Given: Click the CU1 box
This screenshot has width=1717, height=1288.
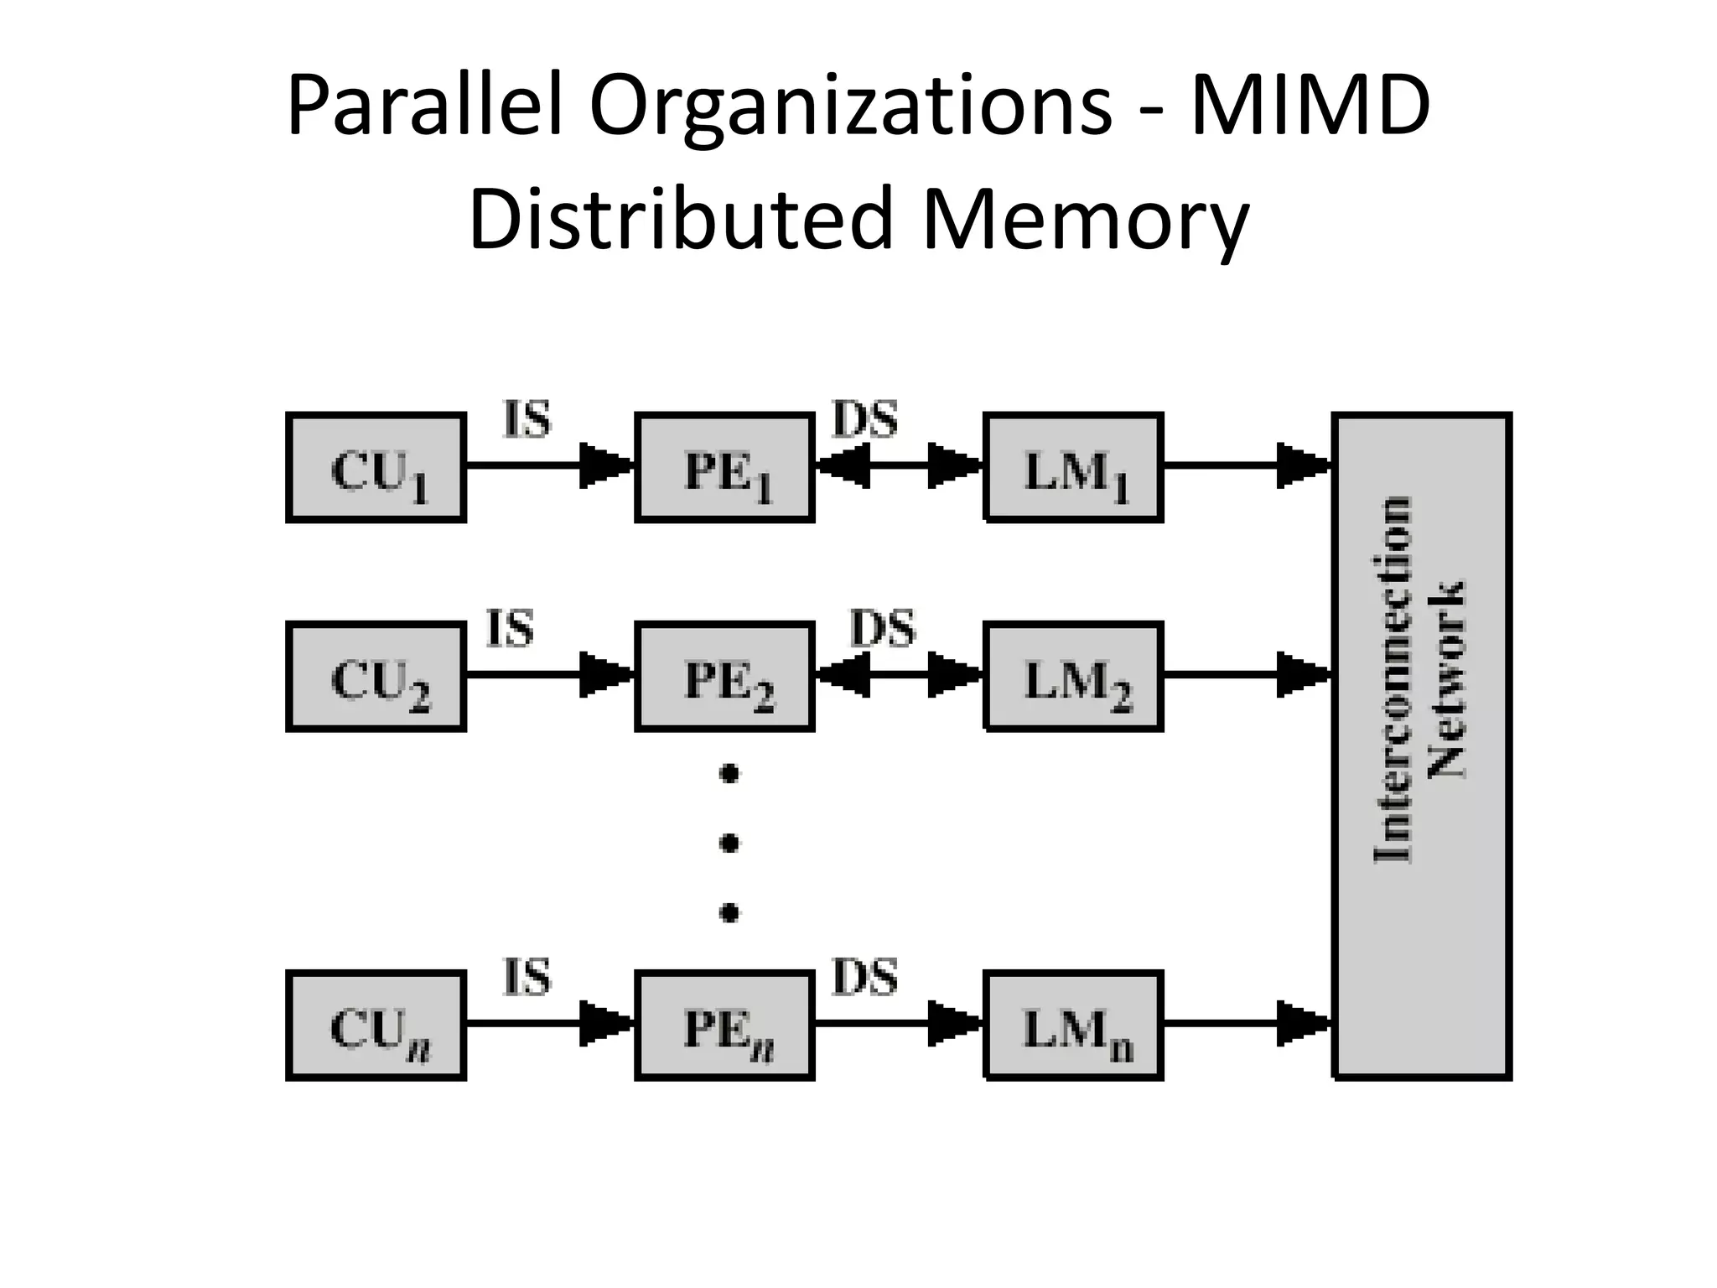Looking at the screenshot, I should (376, 468).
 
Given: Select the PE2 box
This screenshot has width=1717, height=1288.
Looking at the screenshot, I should (724, 678).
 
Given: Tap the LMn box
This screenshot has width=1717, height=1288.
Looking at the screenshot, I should (1073, 1026).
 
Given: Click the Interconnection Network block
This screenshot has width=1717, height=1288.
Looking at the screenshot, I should (1422, 746).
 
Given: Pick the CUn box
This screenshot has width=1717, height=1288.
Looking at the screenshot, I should (376, 1026).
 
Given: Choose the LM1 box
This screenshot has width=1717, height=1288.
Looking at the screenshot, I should (1073, 468).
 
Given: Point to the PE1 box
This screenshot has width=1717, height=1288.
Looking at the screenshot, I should (724, 468).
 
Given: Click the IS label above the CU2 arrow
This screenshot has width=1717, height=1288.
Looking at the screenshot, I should (511, 629).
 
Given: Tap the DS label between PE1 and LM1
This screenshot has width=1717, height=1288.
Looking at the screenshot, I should (864, 419).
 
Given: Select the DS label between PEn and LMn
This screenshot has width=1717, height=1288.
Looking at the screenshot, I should (864, 978).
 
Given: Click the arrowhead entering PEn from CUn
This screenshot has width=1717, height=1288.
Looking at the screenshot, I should (605, 1023).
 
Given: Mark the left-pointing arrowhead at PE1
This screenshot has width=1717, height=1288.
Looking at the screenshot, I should (843, 465).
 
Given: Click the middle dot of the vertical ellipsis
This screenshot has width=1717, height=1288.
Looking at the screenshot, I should (729, 841).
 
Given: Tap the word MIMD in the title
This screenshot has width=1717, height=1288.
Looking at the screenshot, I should (1309, 107).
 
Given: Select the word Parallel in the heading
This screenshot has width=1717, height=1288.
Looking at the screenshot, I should (423, 107).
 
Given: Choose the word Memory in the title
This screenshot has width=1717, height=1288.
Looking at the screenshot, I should (1085, 220).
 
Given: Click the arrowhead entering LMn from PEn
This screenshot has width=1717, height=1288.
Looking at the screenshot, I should (954, 1023).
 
